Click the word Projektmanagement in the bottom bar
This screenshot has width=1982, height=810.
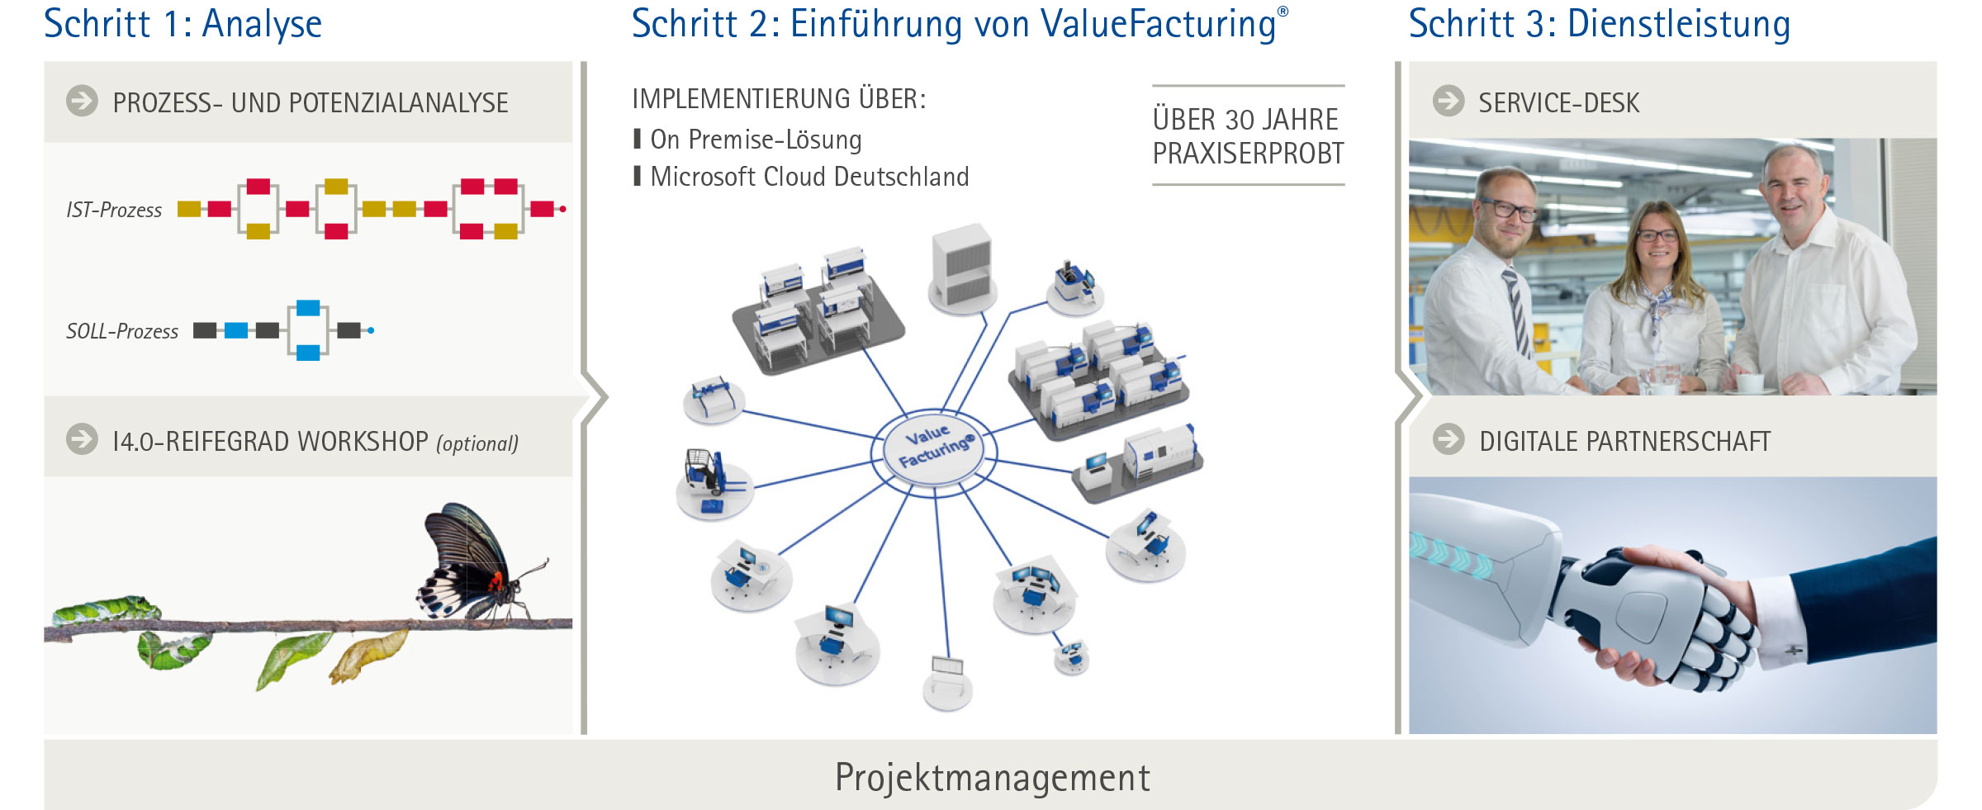click(992, 778)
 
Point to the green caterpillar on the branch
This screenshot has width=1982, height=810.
click(107, 610)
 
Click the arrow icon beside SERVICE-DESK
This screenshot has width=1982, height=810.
click(1449, 101)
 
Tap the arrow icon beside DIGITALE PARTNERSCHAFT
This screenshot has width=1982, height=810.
click(1449, 439)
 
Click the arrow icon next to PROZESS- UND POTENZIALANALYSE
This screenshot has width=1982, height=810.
click(82, 101)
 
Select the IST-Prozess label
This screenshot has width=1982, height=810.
click(114, 211)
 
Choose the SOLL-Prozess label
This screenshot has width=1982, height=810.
click(122, 332)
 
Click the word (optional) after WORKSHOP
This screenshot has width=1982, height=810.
click(477, 444)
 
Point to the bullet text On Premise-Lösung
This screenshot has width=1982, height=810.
click(756, 140)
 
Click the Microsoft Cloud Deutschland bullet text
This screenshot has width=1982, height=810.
click(809, 177)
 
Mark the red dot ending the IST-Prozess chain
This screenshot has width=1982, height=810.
click(563, 209)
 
